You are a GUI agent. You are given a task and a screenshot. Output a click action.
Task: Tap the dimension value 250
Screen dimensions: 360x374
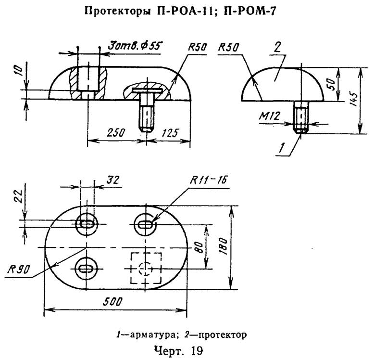tap(114, 133)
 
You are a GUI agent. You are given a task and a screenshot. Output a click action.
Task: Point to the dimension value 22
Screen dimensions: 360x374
tap(19, 195)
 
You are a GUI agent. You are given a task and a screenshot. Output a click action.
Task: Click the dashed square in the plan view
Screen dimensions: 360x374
tap(146, 268)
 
